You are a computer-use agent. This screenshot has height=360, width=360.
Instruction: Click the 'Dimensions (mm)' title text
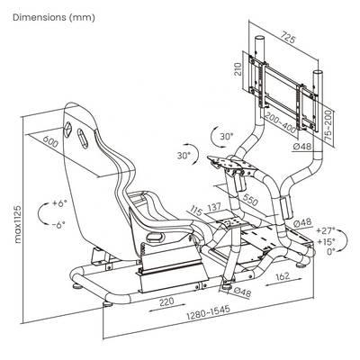point(54,17)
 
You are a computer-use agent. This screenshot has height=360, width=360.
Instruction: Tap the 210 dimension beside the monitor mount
point(238,69)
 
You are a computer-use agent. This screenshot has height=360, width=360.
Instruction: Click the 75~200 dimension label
point(328,125)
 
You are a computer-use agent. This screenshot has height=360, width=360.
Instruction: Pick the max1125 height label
point(18,224)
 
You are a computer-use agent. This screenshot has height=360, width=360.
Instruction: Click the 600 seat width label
point(50,141)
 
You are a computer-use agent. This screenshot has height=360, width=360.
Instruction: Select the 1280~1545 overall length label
point(208,312)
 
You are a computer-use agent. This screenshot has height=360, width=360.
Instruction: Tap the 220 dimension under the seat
point(166,301)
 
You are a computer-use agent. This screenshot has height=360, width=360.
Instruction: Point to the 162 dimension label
point(282,276)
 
